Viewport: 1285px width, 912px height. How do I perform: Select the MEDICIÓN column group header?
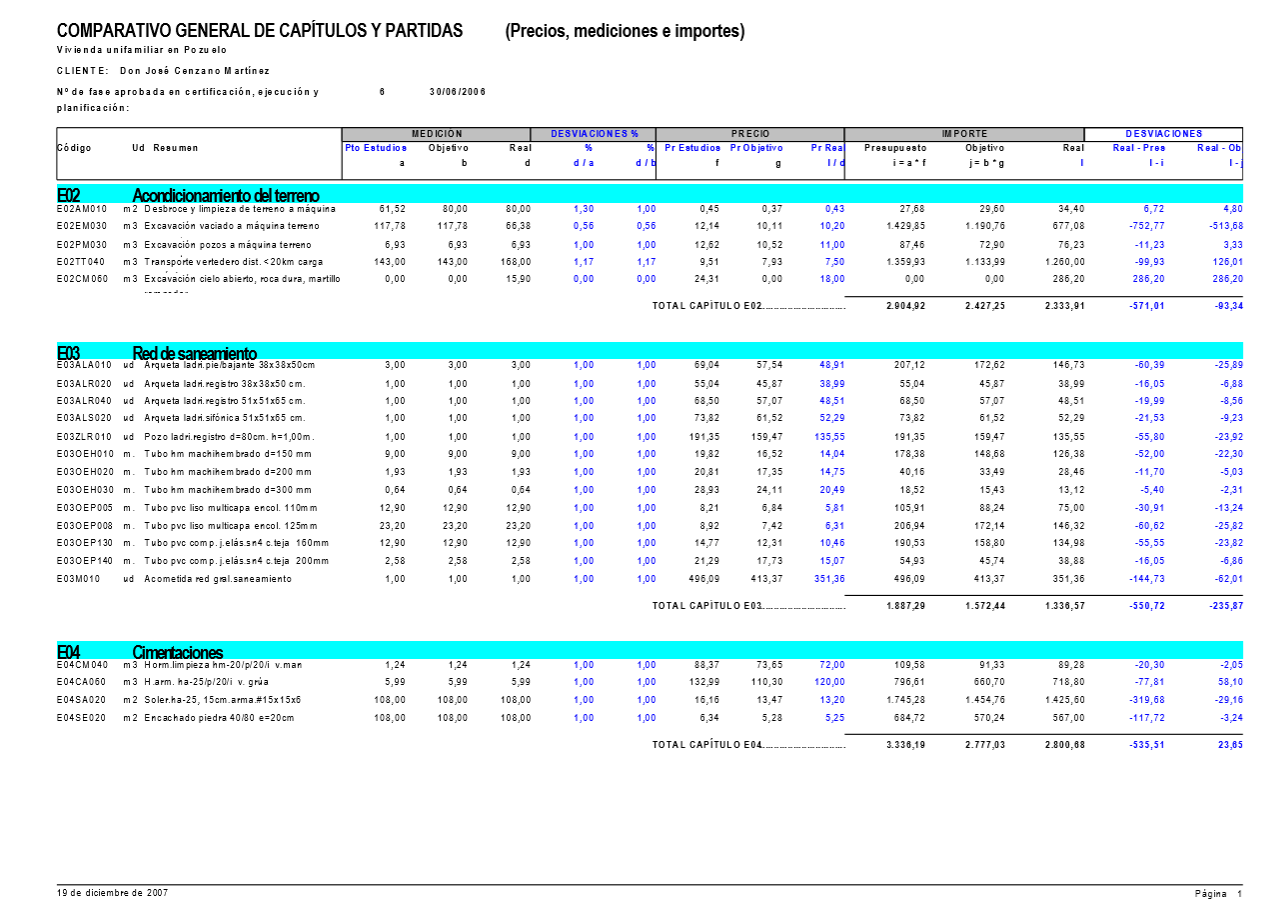(x=436, y=134)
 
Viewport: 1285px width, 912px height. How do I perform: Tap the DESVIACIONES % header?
(x=595, y=134)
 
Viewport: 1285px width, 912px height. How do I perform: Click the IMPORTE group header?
(x=964, y=134)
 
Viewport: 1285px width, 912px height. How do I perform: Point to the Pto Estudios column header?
(x=376, y=148)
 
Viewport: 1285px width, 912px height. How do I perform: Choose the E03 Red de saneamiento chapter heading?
(x=194, y=353)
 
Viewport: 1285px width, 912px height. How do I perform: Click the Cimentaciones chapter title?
(x=178, y=652)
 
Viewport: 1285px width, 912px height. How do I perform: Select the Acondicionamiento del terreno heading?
(x=226, y=194)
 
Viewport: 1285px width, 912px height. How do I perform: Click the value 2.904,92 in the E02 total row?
(x=905, y=305)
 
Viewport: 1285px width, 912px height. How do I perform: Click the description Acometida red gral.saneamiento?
(x=218, y=579)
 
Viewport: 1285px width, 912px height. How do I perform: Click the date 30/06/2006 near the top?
(x=458, y=91)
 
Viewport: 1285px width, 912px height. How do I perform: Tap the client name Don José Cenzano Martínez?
(x=194, y=71)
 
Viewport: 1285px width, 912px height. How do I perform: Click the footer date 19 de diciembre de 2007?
(x=112, y=891)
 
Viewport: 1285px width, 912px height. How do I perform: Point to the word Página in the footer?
(x=1210, y=893)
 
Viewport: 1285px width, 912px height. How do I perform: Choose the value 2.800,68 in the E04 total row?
(x=1064, y=744)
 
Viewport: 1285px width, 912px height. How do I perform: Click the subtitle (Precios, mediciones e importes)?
(x=625, y=31)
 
